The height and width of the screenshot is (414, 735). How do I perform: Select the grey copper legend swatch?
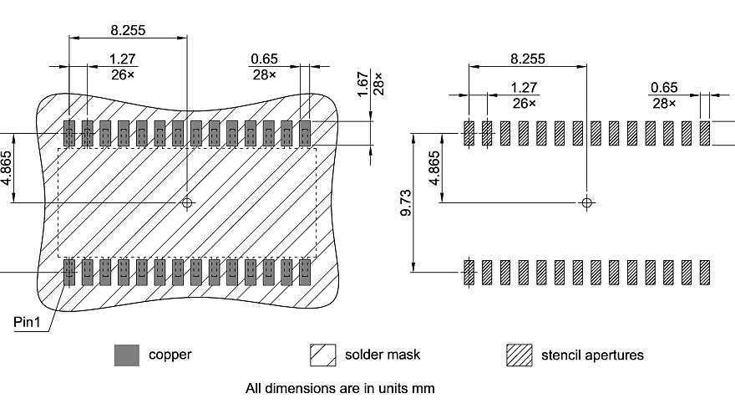tap(126, 355)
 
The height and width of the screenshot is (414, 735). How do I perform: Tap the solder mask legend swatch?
tap(322, 355)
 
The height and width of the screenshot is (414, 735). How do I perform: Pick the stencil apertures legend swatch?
tap(519, 355)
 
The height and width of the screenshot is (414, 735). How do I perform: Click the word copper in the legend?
tap(170, 355)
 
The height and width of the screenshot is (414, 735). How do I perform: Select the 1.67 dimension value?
tap(363, 84)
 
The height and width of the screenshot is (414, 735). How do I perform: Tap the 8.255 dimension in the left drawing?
tap(128, 30)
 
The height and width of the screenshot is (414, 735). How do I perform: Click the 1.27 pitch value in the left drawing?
tap(124, 59)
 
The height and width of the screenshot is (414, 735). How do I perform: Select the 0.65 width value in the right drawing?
tap(664, 88)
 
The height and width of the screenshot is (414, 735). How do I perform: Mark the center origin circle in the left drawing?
tap(187, 202)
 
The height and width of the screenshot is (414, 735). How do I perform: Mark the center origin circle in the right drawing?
tap(587, 202)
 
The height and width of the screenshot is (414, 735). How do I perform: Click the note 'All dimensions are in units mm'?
tap(340, 388)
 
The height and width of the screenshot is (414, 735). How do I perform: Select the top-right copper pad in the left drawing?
tap(305, 132)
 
